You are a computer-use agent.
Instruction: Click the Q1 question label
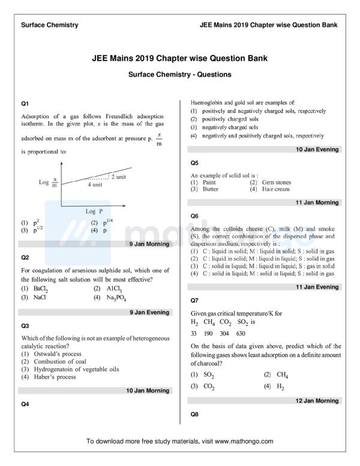[25, 104]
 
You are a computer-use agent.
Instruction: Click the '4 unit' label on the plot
[95, 185]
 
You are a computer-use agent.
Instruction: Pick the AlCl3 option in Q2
[106, 288]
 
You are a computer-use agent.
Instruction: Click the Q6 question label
[194, 216]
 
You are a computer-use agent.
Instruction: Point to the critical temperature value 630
[241, 333]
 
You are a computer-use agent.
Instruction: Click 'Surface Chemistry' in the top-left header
[49, 25]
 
